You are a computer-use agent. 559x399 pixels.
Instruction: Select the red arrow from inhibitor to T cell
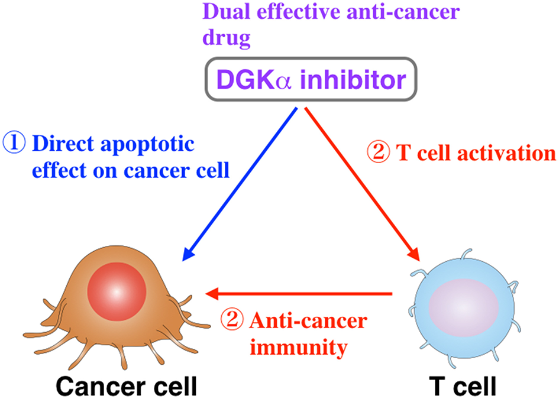click(361, 183)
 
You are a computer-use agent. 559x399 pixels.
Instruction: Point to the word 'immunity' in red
click(299, 347)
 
